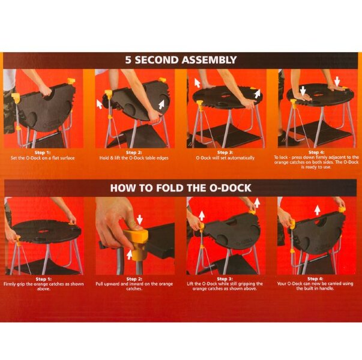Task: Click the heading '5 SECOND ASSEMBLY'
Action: click(x=181, y=60)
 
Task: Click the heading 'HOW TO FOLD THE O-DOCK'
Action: click(x=181, y=188)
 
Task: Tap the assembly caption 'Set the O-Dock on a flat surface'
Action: click(x=43, y=158)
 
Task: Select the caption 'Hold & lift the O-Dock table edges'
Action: click(x=134, y=158)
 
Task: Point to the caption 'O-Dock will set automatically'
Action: click(x=225, y=158)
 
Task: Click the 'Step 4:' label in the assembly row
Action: click(x=316, y=152)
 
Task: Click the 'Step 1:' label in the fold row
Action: click(x=44, y=279)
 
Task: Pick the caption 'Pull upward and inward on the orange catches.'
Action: click(x=134, y=286)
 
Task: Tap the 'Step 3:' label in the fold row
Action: click(x=225, y=279)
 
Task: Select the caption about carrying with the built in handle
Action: click(x=315, y=286)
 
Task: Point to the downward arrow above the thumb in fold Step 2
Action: click(x=140, y=220)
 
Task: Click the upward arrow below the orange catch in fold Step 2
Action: click(x=130, y=254)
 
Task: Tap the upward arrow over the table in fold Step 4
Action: click(x=318, y=210)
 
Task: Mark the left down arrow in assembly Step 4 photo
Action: click(x=303, y=91)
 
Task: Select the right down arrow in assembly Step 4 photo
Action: click(x=337, y=81)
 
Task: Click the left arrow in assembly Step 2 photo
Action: click(x=99, y=104)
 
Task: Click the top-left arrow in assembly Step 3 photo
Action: click(x=197, y=83)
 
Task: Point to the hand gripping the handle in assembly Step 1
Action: click(x=45, y=91)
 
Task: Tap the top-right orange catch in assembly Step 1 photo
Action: click(x=71, y=81)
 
